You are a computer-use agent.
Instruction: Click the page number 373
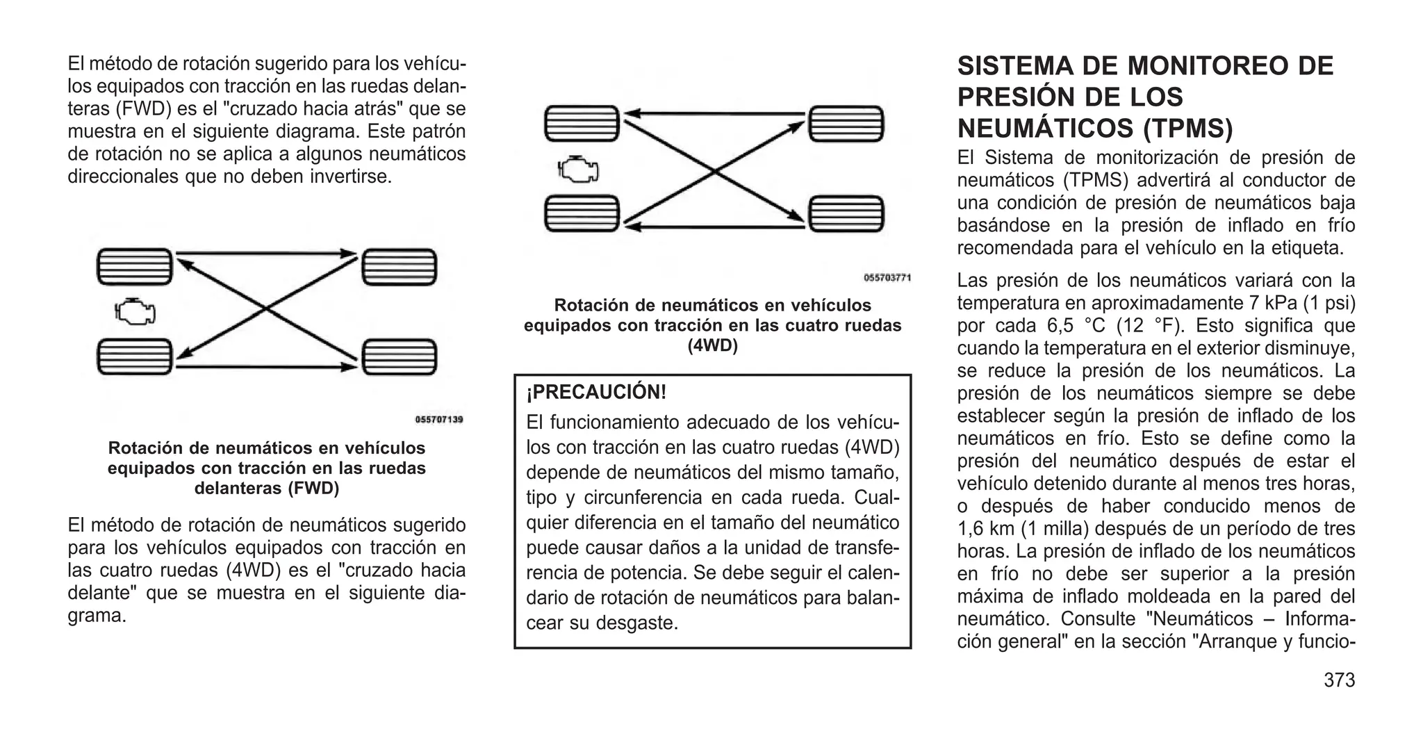(x=1339, y=680)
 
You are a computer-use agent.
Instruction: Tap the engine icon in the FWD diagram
(x=135, y=312)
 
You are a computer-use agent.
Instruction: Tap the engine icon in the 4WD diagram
(x=577, y=169)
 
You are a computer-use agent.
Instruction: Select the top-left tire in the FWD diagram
(x=134, y=267)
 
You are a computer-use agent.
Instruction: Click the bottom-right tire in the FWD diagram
(x=400, y=357)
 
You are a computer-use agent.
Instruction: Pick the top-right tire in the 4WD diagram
(x=846, y=124)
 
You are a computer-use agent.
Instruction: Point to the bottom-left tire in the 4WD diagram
(x=582, y=213)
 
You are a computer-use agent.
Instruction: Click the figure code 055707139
(x=439, y=420)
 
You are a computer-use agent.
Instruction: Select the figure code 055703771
(x=887, y=278)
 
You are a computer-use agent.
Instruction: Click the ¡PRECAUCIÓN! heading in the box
(x=596, y=393)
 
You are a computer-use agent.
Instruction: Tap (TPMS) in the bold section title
(x=1189, y=129)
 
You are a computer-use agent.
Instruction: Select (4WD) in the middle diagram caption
(x=712, y=345)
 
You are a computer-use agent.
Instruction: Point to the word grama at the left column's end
(x=97, y=616)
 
